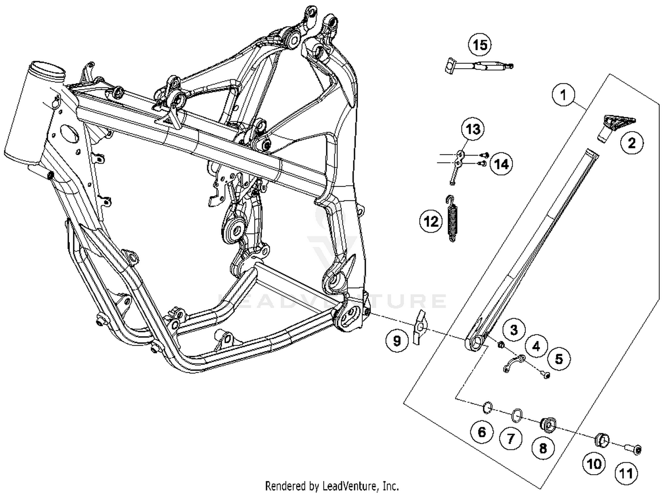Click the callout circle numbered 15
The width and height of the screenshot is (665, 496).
click(x=480, y=45)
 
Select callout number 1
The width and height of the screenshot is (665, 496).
click(x=563, y=95)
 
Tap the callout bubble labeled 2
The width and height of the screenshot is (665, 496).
click(x=631, y=143)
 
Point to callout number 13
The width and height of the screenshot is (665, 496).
click(x=473, y=129)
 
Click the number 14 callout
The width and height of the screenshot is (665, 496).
click(x=501, y=164)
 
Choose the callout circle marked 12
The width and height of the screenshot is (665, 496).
click(x=431, y=221)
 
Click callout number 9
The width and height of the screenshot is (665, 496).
click(x=397, y=340)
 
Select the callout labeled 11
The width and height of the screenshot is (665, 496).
click(x=626, y=473)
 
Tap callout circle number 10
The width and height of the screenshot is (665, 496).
click(x=594, y=464)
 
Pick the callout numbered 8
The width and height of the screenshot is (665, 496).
click(x=543, y=448)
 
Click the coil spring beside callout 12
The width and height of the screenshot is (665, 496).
click(x=452, y=219)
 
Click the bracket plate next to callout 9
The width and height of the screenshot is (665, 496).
click(x=419, y=328)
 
